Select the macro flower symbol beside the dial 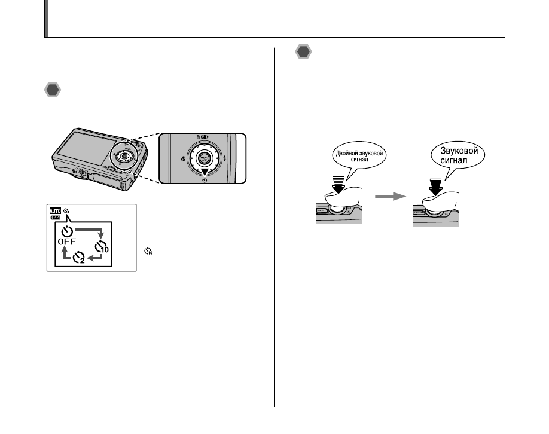coord(181,160)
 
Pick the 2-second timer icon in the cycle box coord(80,258)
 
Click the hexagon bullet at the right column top coord(304,53)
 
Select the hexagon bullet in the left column coord(53,91)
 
